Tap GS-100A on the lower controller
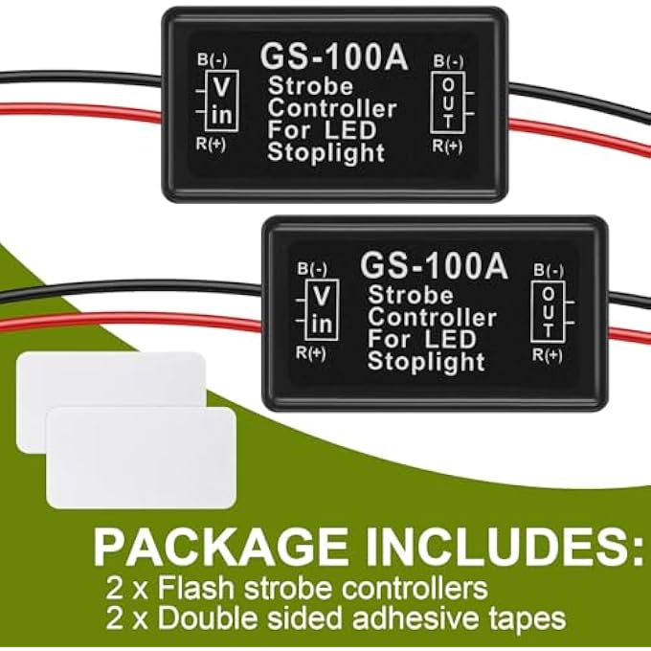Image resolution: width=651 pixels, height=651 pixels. [x=435, y=266]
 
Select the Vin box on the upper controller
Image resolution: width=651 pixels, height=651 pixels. [x=222, y=101]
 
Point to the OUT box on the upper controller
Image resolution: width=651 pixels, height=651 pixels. [x=448, y=102]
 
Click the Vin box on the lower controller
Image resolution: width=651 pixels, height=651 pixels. [x=323, y=310]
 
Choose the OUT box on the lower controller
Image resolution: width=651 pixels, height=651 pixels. [x=548, y=312]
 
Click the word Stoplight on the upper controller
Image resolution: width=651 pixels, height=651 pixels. [x=325, y=153]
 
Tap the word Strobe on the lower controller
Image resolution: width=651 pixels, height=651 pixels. [x=410, y=295]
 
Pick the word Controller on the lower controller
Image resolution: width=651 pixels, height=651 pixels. [x=432, y=318]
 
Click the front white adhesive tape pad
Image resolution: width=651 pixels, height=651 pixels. [x=141, y=458]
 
